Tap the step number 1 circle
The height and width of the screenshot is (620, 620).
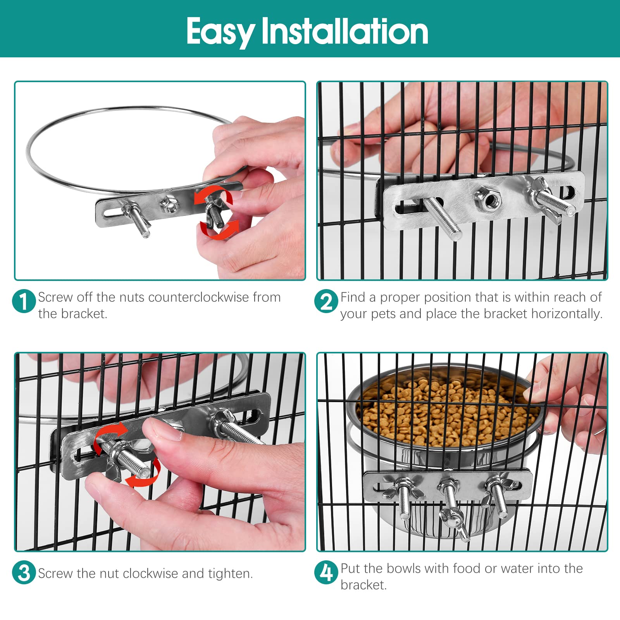[x=24, y=301]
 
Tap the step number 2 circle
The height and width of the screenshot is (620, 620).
[x=326, y=301]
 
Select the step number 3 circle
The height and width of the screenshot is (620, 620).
[x=24, y=573]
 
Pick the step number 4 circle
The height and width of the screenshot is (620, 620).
[x=326, y=572]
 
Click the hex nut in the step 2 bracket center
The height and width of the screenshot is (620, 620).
[x=488, y=200]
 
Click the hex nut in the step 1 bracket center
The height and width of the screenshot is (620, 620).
[x=170, y=205]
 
